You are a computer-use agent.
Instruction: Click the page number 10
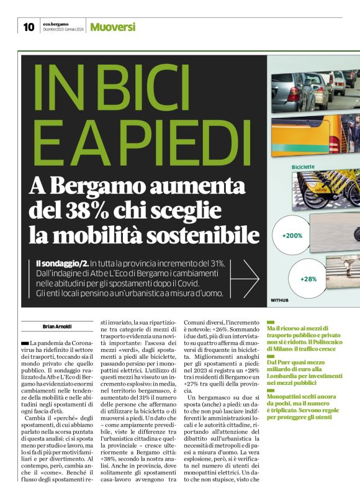(x=29, y=27)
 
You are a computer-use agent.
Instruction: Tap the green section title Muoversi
(x=112, y=27)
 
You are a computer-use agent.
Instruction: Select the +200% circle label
(x=292, y=236)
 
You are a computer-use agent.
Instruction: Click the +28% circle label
(x=308, y=279)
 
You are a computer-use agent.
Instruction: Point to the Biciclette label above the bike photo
(x=304, y=167)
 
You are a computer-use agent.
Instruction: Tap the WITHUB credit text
(x=280, y=300)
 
